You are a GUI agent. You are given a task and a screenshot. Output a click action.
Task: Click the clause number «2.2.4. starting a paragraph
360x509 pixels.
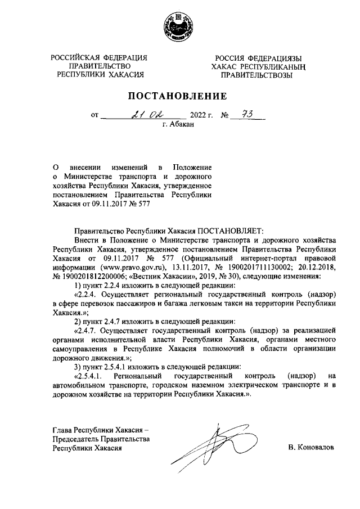[85, 295]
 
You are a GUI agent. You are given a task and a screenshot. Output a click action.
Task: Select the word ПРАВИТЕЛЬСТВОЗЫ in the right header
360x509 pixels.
[256, 75]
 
